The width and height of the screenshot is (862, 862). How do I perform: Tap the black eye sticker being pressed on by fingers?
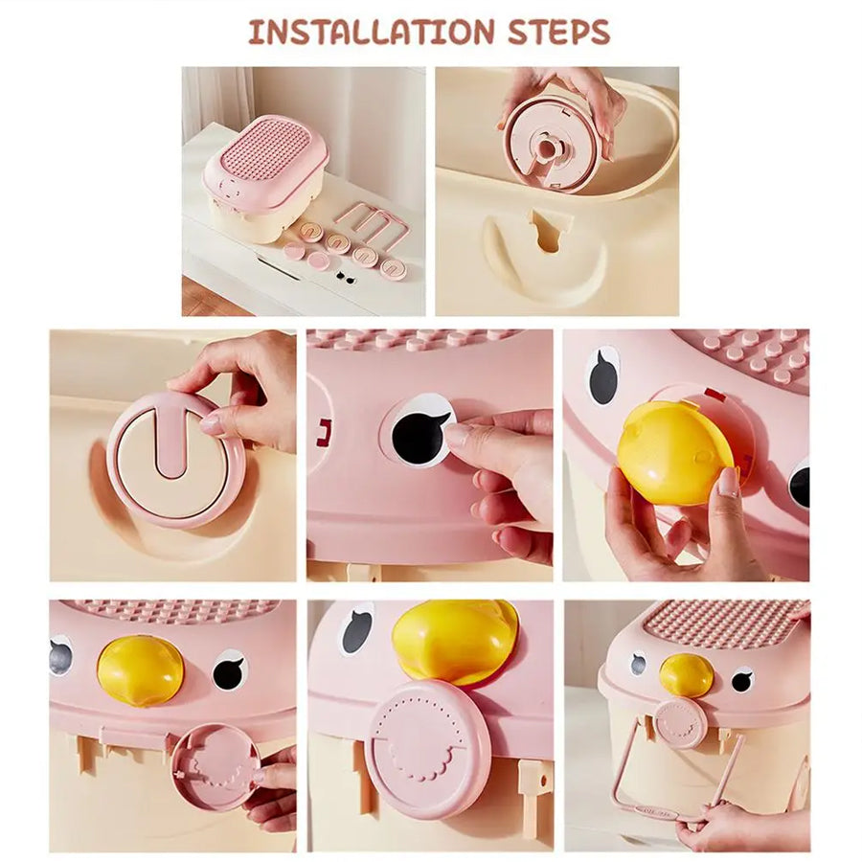click(420, 430)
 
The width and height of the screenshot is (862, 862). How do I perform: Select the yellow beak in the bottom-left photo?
click(140, 669)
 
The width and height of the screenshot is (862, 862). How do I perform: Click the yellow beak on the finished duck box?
click(687, 674)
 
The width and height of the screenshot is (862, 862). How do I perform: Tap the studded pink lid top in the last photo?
click(723, 624)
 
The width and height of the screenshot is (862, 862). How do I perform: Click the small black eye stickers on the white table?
click(345, 277)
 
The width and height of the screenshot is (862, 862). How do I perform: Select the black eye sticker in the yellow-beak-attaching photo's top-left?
click(603, 376)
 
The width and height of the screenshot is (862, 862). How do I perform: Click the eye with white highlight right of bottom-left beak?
click(230, 670)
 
